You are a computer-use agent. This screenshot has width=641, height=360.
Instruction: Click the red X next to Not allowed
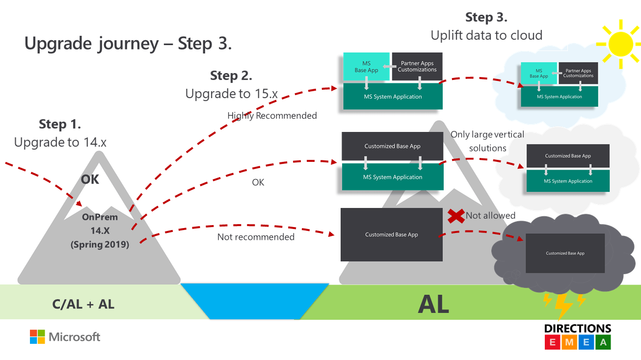(456, 216)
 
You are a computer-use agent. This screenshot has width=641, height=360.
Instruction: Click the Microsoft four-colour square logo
(37, 336)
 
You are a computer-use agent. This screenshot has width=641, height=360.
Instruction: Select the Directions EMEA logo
(578, 336)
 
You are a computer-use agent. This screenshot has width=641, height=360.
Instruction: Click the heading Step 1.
(60, 125)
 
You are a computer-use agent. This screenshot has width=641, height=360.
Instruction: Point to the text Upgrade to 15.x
(231, 94)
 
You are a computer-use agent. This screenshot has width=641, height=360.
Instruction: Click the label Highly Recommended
(272, 116)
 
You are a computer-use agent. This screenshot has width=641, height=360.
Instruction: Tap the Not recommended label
(256, 237)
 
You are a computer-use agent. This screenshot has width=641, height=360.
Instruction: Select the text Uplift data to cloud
(486, 35)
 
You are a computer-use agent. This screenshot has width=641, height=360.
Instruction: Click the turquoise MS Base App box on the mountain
(366, 67)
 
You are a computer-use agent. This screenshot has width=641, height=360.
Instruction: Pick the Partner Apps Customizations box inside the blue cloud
(578, 73)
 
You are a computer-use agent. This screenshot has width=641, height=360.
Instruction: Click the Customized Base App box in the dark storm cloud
(565, 254)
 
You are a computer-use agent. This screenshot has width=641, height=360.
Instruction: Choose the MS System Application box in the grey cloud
(568, 181)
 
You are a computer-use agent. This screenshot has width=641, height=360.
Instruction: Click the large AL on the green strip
(433, 305)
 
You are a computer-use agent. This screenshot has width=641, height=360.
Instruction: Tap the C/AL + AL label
(83, 305)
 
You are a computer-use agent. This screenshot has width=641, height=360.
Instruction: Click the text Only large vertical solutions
(487, 141)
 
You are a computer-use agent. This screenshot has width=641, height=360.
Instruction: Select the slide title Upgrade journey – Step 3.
(128, 44)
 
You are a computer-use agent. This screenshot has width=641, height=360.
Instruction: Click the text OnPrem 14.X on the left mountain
(100, 223)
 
